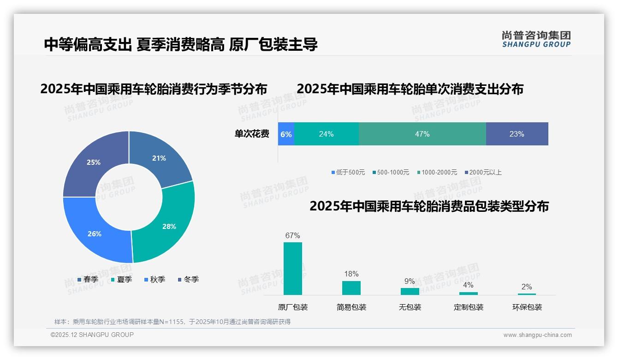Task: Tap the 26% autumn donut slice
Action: (95, 234)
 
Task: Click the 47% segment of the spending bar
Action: (422, 134)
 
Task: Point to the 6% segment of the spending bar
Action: (286, 134)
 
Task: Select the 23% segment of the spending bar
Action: (517, 134)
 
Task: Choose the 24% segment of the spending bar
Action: (326, 134)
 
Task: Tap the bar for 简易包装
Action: (351, 288)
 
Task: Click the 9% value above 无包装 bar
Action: (410, 281)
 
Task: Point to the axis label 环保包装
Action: (527, 307)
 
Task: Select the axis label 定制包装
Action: (469, 307)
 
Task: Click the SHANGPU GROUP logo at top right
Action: (536, 39)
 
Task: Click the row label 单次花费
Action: (252, 134)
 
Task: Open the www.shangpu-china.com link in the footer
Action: (537, 335)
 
